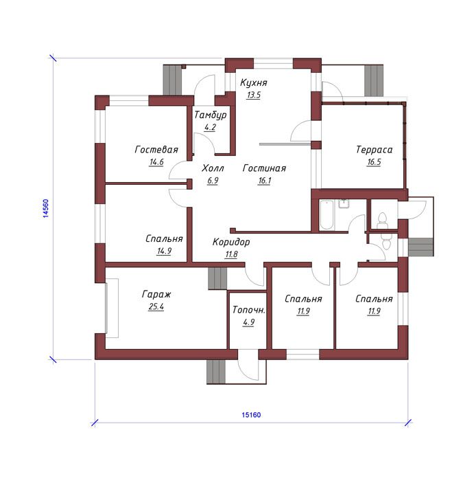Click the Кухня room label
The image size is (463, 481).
coord(254,83)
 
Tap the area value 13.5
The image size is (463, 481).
coord(254,95)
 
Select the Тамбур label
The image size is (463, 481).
coord(211,115)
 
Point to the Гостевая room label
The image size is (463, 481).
coord(156,150)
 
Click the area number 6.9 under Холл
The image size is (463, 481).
coord(213,181)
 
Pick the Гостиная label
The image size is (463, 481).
coord(264,168)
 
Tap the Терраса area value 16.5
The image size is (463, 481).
coord(374,162)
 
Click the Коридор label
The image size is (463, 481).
coord(231,243)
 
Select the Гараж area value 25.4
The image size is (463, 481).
coord(156,306)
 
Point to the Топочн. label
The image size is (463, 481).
coord(248,310)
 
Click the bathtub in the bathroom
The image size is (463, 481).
coord(327,214)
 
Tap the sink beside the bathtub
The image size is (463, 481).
coord(344,203)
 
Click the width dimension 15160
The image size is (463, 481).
coord(252,415)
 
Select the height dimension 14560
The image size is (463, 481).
coord(46,209)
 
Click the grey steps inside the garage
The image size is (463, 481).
coord(217,278)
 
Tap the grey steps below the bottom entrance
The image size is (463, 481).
coord(216,372)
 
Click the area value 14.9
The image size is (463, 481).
coord(164,251)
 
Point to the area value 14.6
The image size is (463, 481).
coord(156,162)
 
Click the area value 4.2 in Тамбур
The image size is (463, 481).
coord(210,127)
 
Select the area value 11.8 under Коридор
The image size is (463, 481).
coord(231,255)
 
